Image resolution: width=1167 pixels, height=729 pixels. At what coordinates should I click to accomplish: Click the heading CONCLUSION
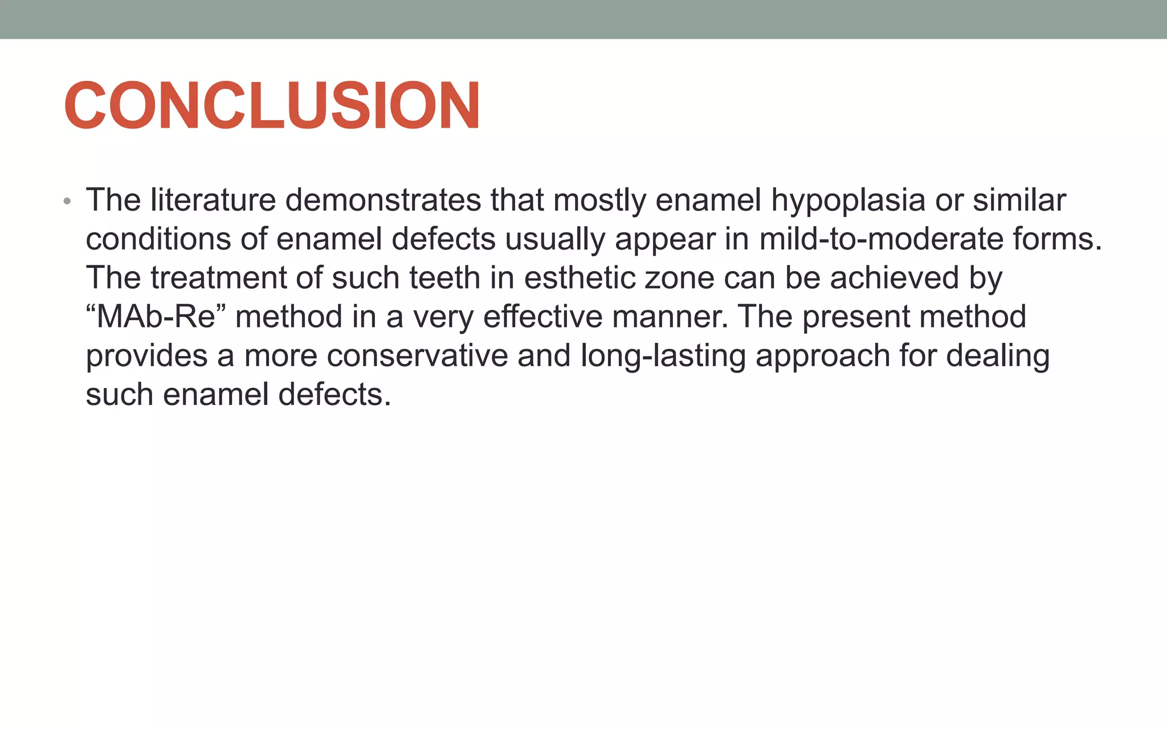[272, 106]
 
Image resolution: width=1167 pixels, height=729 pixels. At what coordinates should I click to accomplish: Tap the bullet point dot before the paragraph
[67, 202]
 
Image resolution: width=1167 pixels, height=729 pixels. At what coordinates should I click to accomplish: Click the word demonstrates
[382, 200]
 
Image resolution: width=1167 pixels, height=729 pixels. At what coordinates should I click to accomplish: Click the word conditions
[158, 239]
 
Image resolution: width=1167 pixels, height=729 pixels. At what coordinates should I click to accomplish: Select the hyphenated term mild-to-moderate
[881, 239]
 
